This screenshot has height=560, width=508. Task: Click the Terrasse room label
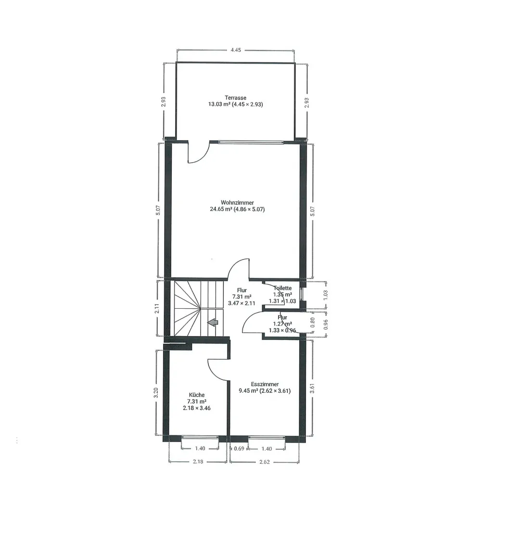[x=235, y=98]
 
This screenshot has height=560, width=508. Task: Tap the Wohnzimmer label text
[x=237, y=203]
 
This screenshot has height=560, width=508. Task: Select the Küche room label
[x=197, y=395]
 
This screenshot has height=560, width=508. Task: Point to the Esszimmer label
[x=265, y=384]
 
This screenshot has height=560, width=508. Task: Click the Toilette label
[x=282, y=288]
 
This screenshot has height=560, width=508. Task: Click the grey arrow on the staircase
[x=213, y=323]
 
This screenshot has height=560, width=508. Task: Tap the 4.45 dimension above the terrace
[x=236, y=50]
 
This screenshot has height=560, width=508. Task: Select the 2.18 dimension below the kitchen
[x=198, y=462]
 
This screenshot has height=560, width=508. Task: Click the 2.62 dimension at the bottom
[x=264, y=462]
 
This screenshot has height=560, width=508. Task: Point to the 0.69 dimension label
[x=239, y=449]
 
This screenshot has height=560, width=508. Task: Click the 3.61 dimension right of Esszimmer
[x=313, y=388]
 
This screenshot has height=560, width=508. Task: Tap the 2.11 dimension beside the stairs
[x=157, y=308]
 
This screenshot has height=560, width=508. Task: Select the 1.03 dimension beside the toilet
[x=325, y=294]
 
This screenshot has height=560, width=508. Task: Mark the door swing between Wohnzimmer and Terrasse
[x=197, y=153]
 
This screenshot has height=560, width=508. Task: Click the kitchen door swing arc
[x=216, y=371]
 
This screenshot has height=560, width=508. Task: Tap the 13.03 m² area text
[x=218, y=104]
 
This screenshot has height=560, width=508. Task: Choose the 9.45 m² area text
[x=248, y=391]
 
